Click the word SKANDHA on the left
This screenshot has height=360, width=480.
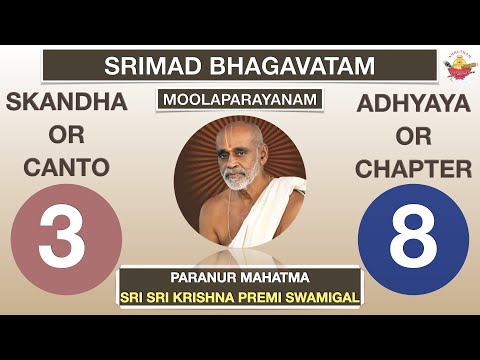click(67, 102)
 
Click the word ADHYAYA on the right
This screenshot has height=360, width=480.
click(413, 102)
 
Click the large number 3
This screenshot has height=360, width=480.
click(66, 240)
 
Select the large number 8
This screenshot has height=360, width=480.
click(413, 240)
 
